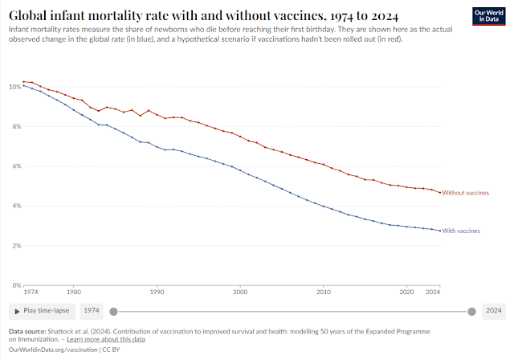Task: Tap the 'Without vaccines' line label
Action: [466, 193]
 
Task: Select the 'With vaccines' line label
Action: [461, 231]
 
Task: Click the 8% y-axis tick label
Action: [15, 126]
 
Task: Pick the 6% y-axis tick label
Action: [15, 166]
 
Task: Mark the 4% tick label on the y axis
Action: [15, 206]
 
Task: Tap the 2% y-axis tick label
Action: [15, 245]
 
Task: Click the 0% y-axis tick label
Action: [15, 285]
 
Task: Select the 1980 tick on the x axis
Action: [74, 293]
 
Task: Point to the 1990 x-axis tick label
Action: [157, 293]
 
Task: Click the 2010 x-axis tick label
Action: [324, 293]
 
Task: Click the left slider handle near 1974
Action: [113, 311]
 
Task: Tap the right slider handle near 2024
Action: [472, 311]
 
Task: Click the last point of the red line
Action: [439, 193]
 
